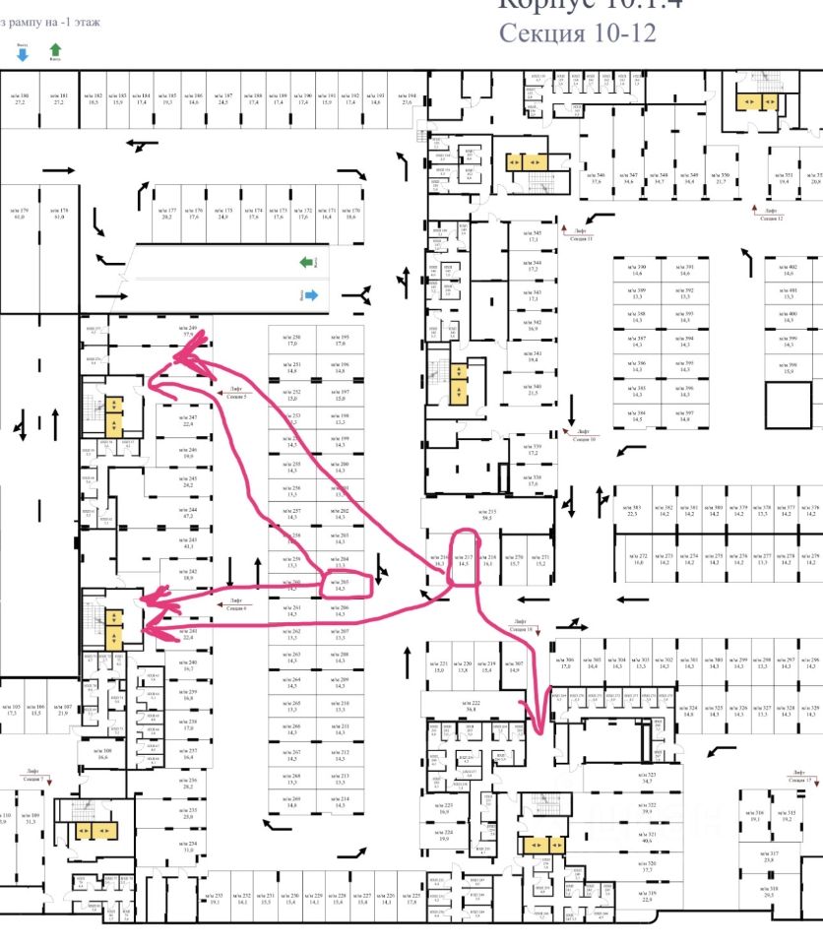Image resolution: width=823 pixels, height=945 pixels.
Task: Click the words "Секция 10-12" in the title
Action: (x=576, y=31)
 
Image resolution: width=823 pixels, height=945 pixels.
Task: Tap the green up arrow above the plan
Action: (x=55, y=49)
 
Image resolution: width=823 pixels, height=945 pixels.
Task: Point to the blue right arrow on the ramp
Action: (x=310, y=294)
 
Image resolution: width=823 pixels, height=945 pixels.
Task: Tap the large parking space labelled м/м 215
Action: (x=491, y=514)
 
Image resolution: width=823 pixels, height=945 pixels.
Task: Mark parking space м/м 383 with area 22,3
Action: (x=635, y=510)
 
